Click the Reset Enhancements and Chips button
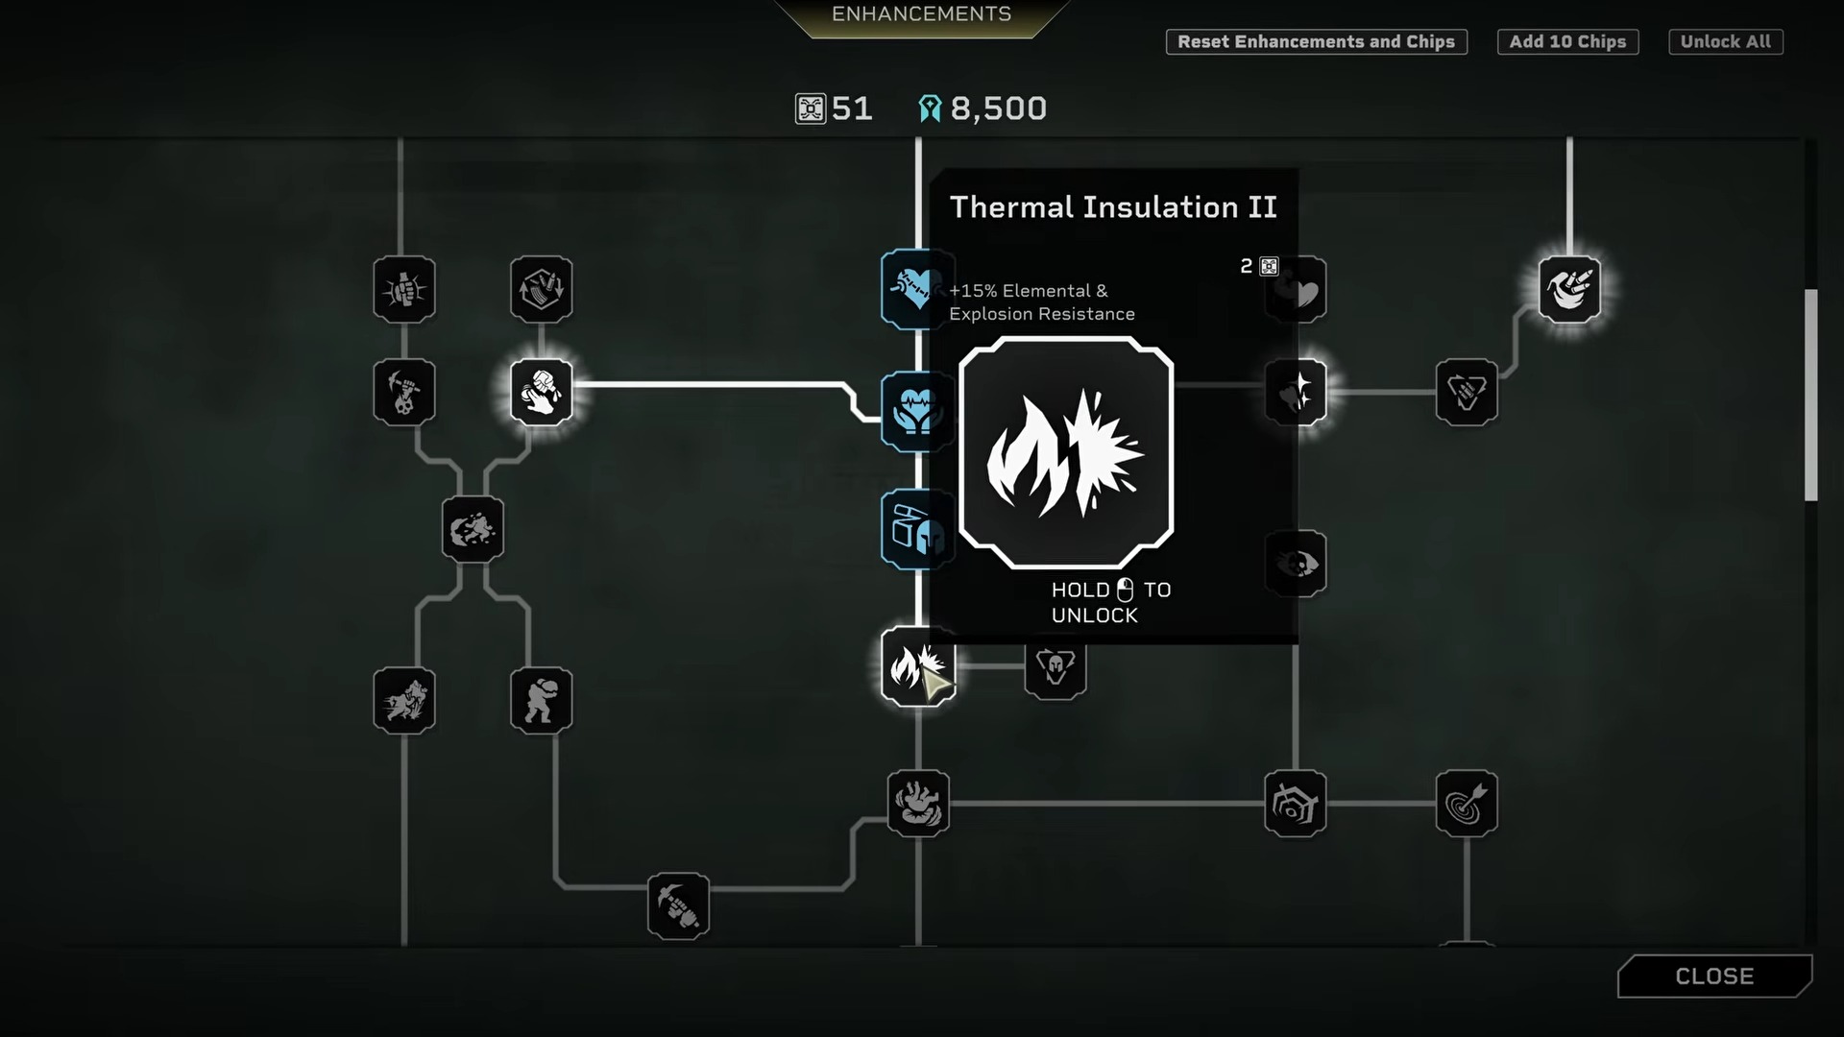coord(1316,42)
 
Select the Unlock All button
coord(1726,42)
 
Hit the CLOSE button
coord(1715,977)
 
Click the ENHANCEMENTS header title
coord(921,13)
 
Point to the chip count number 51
coord(852,109)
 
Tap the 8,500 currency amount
coord(999,109)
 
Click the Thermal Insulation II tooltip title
coord(1113,207)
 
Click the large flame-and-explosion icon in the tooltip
coord(1066,452)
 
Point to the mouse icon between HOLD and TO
coord(1126,590)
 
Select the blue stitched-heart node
coord(915,288)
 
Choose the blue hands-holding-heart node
coord(915,411)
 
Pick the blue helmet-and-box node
coord(915,530)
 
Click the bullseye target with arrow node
coord(1467,804)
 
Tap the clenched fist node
coord(404,289)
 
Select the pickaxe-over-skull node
coord(404,393)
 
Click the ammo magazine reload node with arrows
coord(542,289)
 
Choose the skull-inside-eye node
coord(1296,564)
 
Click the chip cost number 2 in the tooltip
coord(1246,266)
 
